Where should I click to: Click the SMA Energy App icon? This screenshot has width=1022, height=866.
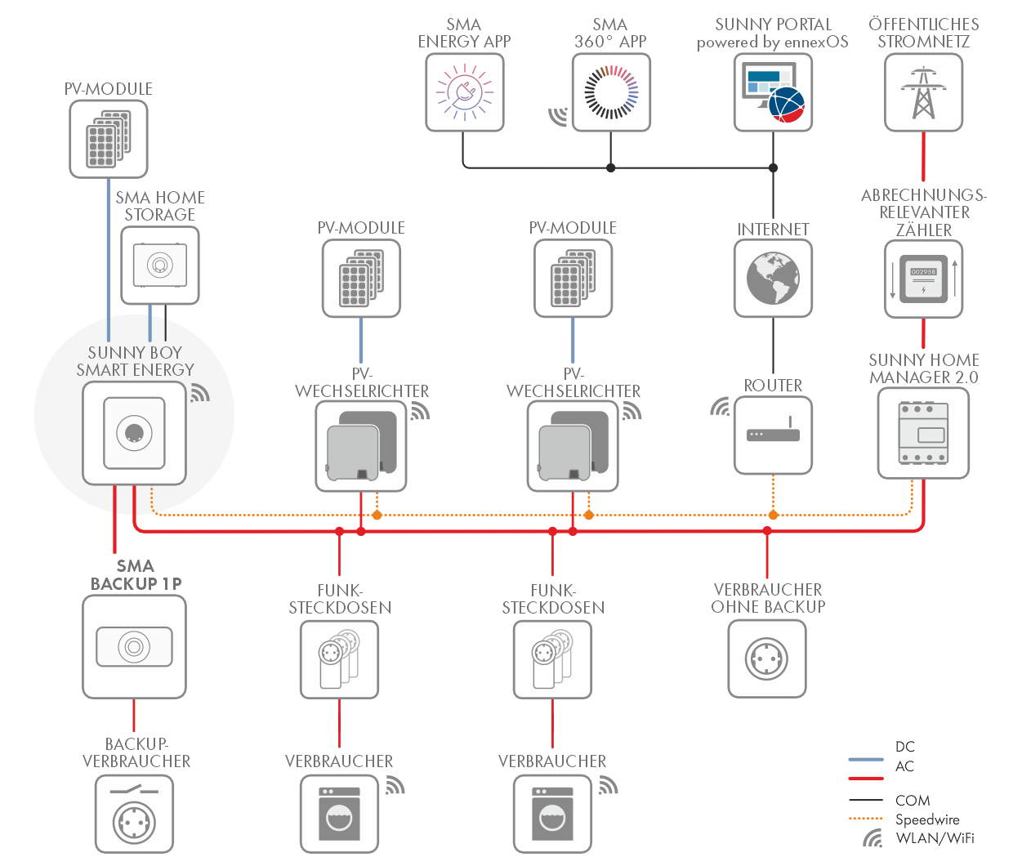click(x=464, y=92)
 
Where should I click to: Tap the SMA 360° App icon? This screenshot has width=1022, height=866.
click(x=611, y=92)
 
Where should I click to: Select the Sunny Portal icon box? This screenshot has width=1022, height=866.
click(x=773, y=92)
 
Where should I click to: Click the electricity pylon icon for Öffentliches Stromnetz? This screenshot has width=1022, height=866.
click(x=923, y=92)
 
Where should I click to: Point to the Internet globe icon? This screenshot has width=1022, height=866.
click(x=773, y=278)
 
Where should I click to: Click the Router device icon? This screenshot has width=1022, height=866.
click(x=773, y=435)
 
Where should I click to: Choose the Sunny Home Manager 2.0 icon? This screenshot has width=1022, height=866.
click(x=923, y=433)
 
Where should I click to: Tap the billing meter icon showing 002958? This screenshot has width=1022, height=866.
click(x=923, y=279)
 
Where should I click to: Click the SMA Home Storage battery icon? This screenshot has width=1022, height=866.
click(x=160, y=265)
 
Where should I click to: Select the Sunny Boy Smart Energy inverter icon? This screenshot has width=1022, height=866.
click(x=134, y=433)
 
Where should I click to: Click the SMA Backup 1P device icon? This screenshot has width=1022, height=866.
click(x=134, y=647)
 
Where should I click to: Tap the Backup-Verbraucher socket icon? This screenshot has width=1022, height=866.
click(x=134, y=814)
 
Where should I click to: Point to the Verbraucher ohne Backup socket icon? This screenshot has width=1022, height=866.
click(x=767, y=658)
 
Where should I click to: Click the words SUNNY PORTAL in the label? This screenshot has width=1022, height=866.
click(x=773, y=25)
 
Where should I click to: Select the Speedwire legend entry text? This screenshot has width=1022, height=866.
click(x=927, y=819)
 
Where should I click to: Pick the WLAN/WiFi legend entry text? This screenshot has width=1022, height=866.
click(x=935, y=838)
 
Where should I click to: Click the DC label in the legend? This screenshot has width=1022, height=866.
click(x=905, y=747)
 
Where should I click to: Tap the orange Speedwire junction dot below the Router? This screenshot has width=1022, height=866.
click(x=773, y=515)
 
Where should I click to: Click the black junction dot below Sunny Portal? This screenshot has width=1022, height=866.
click(x=773, y=167)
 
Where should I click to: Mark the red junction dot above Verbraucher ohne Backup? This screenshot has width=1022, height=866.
click(x=767, y=530)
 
